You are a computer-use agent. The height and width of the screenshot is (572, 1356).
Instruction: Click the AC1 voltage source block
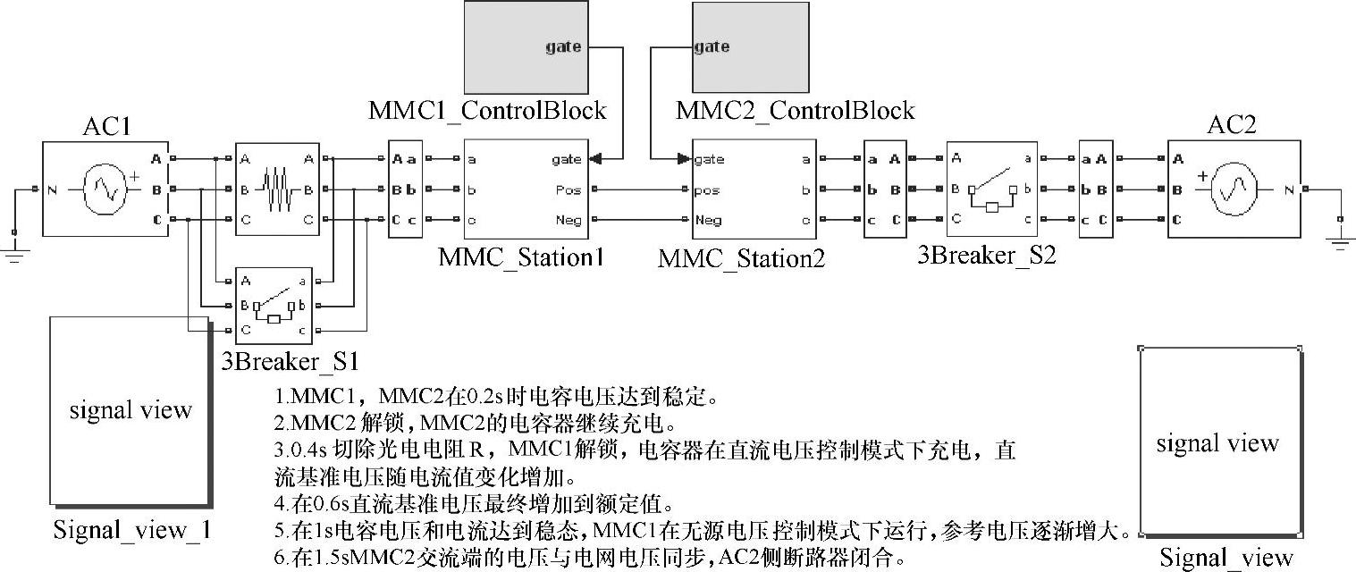pos(105,189)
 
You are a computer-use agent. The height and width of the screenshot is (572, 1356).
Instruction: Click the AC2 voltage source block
pos(1234,189)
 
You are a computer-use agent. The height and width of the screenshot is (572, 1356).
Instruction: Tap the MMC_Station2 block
pos(754,189)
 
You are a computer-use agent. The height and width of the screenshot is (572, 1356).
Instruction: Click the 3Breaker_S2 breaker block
pos(991,189)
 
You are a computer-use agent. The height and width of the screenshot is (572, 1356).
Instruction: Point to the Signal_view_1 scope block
pos(131,410)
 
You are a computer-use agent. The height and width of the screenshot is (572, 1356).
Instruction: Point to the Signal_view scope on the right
pos(1218,443)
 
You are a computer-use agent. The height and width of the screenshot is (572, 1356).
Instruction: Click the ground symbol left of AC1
pos(14,254)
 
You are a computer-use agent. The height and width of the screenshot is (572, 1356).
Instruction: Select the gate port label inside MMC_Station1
pos(566,159)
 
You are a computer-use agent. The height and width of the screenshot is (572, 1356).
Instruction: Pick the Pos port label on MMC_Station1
pos(569,189)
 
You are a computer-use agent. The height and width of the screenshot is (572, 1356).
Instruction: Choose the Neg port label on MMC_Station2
pos(708,220)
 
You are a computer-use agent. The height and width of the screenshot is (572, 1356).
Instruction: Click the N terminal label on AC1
pos(53,189)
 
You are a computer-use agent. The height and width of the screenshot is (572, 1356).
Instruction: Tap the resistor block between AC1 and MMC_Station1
pos(276,189)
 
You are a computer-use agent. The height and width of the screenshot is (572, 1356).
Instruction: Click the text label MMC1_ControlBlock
pos(487,111)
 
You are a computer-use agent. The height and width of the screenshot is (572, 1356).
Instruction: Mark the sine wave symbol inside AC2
pos(1234,189)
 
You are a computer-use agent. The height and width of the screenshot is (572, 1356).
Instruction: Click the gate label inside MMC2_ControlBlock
pos(712,46)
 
